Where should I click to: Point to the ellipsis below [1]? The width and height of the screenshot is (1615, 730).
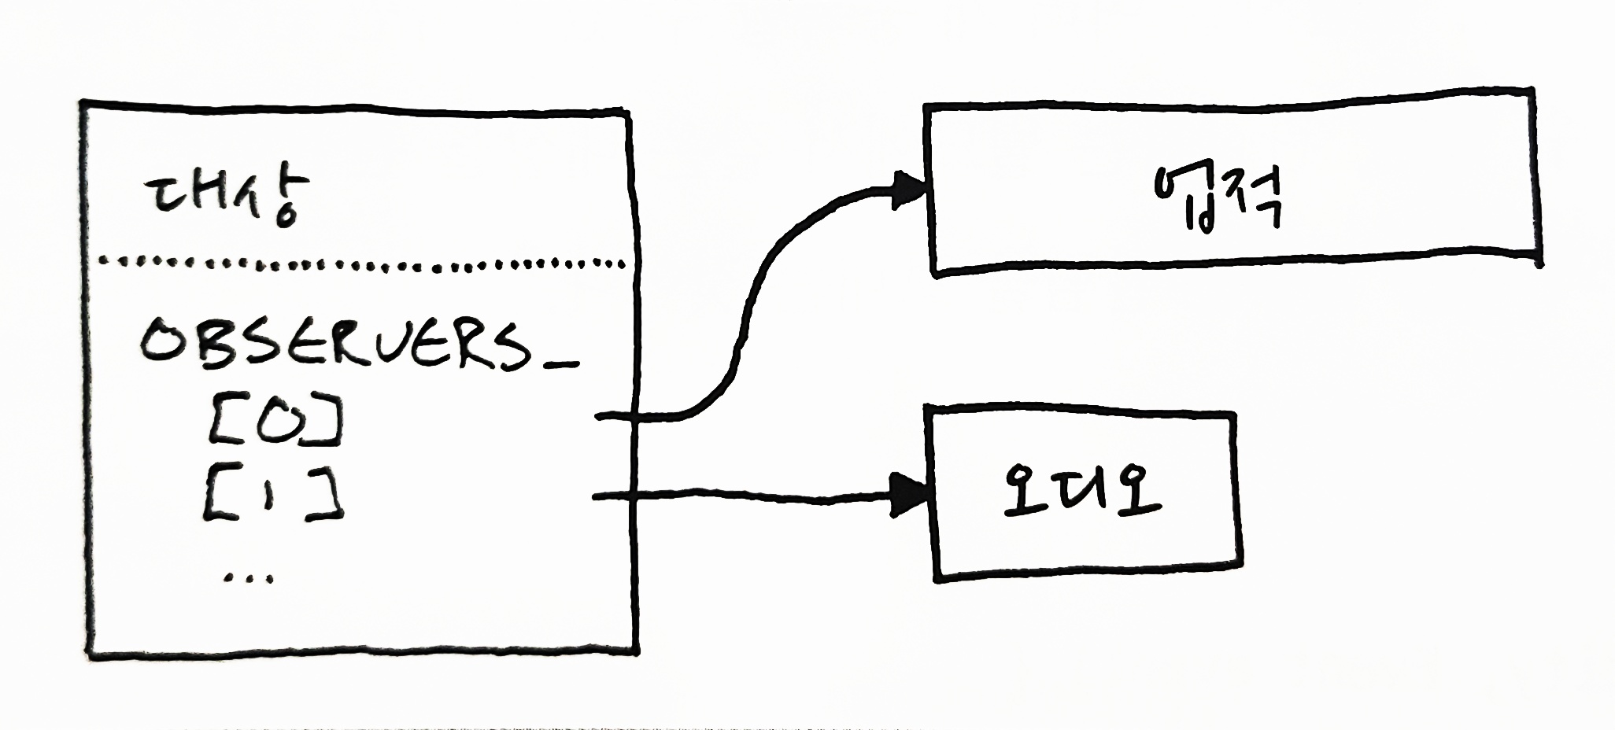249,579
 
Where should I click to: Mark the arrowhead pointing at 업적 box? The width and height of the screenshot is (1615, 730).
910,190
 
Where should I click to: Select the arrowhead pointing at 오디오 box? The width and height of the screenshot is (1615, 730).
909,496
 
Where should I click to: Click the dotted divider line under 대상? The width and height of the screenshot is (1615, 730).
362,264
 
